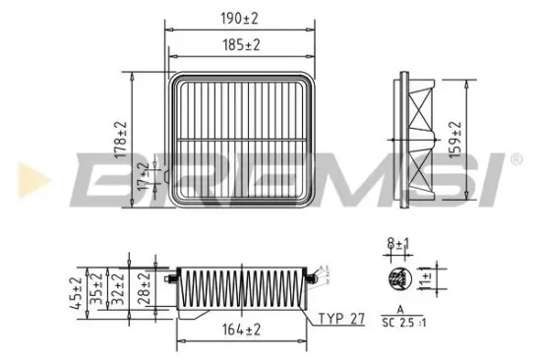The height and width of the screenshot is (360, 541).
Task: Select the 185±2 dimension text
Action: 240,45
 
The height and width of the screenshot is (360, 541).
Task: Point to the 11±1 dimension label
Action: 424,278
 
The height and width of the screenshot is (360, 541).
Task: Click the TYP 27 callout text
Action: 341,319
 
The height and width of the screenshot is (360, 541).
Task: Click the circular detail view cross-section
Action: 398,278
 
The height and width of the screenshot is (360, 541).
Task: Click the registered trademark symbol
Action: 516,157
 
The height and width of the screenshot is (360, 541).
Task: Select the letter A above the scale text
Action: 399,309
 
